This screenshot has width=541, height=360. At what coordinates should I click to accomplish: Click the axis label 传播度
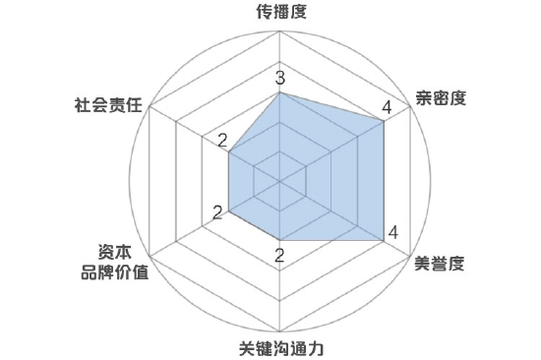pyautogui.click(x=281, y=13)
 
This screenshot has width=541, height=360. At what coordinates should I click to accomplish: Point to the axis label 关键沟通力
pyautogui.click(x=281, y=348)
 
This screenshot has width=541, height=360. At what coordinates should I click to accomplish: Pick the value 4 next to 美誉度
pyautogui.click(x=392, y=233)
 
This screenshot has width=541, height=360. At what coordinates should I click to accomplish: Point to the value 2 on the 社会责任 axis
pyautogui.click(x=222, y=139)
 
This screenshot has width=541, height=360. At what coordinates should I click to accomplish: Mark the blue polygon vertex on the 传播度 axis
pyautogui.click(x=281, y=93)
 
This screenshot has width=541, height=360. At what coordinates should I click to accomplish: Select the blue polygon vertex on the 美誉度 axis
pyautogui.click(x=384, y=240)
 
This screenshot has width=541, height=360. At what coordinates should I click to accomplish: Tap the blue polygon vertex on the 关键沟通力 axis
pyautogui.click(x=281, y=240)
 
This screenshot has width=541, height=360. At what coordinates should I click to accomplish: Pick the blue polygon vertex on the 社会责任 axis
pyautogui.click(x=230, y=151)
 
